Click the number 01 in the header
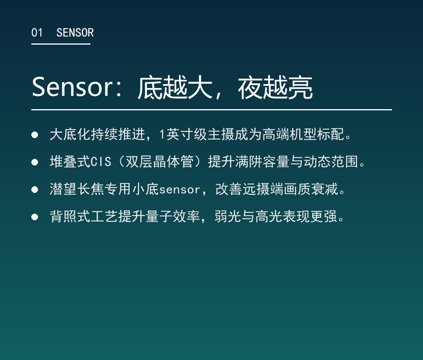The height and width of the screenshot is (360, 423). click(37, 32)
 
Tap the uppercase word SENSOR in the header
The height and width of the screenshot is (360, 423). click(75, 32)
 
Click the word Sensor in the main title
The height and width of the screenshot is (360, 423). click(72, 87)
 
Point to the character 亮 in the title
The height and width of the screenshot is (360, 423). click(300, 87)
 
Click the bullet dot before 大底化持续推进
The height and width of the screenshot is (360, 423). click(34, 135)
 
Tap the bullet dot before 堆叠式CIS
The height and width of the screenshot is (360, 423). click(34, 162)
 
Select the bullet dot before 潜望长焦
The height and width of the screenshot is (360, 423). click(34, 190)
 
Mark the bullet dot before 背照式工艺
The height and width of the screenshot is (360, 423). click(34, 217)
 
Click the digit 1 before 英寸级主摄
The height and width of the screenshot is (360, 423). click(162, 134)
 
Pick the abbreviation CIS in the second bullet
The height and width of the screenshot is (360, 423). click(101, 162)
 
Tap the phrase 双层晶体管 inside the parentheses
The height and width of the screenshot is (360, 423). click(160, 162)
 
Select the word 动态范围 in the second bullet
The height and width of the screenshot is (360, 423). click(331, 162)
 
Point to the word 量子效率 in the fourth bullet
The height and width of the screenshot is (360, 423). click(173, 216)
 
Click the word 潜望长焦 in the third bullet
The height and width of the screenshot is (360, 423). click(77, 189)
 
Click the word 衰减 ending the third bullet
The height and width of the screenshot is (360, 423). click(325, 189)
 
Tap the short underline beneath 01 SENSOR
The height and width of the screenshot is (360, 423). click(61, 44)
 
